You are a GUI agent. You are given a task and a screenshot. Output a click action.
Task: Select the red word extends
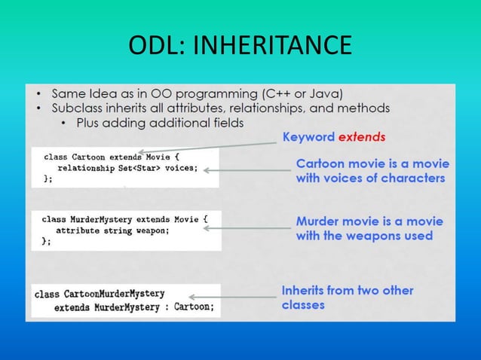click(x=362, y=137)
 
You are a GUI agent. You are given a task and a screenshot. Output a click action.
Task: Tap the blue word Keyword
click(x=308, y=137)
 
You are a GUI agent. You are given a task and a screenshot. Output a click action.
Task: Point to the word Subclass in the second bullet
click(x=78, y=108)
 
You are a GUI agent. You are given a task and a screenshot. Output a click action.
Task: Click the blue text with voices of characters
click(x=370, y=178)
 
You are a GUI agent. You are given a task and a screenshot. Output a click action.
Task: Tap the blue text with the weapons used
click(x=364, y=236)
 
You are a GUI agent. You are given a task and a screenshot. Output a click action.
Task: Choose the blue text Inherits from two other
click(x=347, y=290)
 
